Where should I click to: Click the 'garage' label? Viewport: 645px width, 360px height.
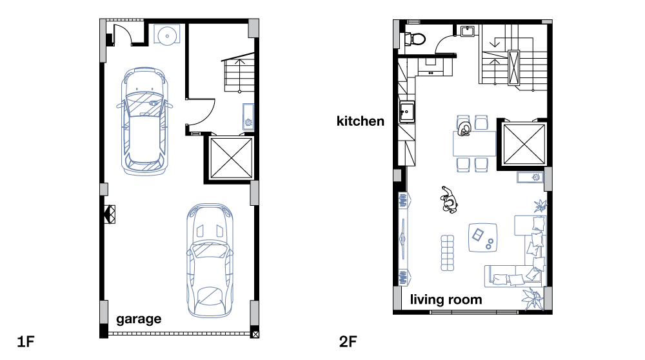pyautogui.click(x=139, y=319)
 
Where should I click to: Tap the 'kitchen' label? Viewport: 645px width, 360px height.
pyautogui.click(x=361, y=121)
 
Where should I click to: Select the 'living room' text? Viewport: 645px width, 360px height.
pyautogui.click(x=446, y=299)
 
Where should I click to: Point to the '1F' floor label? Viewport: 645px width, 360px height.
pyautogui.click(x=26, y=341)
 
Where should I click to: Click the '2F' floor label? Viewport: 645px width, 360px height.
pyautogui.click(x=348, y=341)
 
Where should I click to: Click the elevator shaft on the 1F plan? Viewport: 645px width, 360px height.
pyautogui.click(x=231, y=158)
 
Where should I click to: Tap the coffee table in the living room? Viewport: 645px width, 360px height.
pyautogui.click(x=482, y=238)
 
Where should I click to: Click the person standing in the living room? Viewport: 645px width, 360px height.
pyautogui.click(x=448, y=200)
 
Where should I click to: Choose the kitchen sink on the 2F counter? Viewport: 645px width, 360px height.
pyautogui.click(x=407, y=112)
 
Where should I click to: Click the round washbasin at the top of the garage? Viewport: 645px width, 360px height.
pyautogui.click(x=167, y=34)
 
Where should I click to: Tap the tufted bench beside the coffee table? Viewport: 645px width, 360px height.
pyautogui.click(x=447, y=253)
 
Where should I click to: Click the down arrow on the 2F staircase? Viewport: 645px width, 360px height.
pyautogui.click(x=495, y=42)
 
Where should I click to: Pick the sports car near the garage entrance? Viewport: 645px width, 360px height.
pyautogui.click(x=210, y=261)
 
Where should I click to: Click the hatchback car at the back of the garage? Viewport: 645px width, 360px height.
pyautogui.click(x=144, y=121)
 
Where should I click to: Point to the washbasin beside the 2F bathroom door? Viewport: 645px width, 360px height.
pyautogui.click(x=468, y=30)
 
